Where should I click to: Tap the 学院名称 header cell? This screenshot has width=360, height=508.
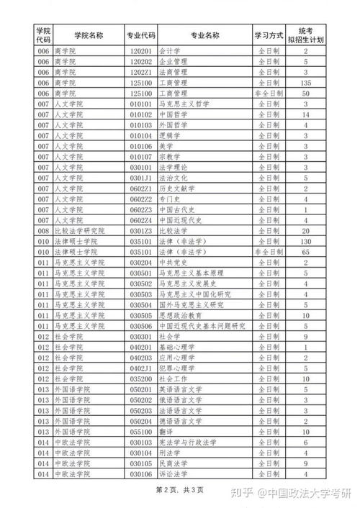tap(86, 34)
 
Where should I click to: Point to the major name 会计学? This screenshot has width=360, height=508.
tap(169, 51)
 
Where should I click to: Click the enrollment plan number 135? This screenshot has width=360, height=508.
tap(306, 83)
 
